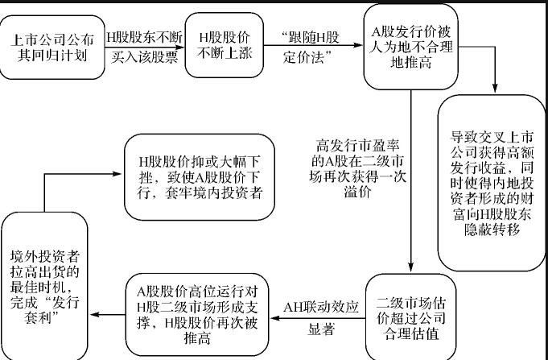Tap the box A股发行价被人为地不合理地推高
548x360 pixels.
coord(399,47)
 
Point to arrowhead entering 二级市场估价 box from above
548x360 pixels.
coord(411,270)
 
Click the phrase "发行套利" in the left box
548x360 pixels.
coord(46,317)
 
